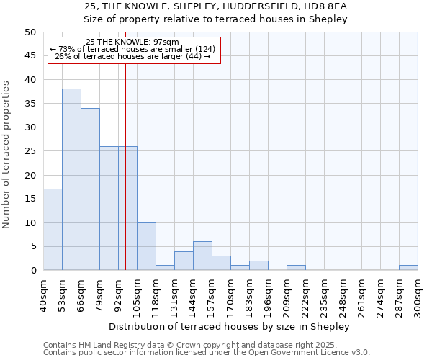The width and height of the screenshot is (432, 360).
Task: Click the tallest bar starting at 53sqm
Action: coord(71,180)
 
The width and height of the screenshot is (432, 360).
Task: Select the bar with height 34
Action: coord(90,189)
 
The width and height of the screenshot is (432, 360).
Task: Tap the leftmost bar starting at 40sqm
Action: coord(53,230)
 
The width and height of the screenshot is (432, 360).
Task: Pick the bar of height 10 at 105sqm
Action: coord(146,246)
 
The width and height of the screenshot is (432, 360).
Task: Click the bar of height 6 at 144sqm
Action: coord(202,256)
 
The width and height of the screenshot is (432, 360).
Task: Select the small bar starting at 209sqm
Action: coord(296,268)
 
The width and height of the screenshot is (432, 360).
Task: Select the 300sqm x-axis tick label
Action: coord(418,294)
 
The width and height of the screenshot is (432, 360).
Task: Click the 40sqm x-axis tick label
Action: coord(44,294)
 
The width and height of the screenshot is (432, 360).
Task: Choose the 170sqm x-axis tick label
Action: coord(231,294)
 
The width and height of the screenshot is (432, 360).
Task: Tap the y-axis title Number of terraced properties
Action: coord(6,154)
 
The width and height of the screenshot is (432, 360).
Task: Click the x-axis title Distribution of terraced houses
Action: coord(230,326)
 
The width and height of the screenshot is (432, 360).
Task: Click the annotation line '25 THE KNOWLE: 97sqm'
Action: coord(132,42)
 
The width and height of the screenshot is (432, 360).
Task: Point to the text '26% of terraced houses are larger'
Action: coord(132,56)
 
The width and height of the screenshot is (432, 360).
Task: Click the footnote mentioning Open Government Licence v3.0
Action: coord(207,353)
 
